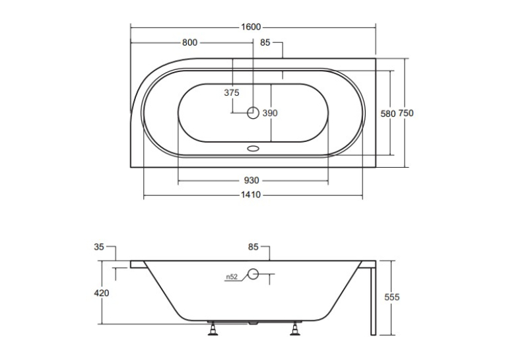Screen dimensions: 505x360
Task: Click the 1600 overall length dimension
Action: click(251, 26)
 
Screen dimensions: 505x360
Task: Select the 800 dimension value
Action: click(189, 42)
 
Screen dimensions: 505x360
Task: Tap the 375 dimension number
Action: click(232, 93)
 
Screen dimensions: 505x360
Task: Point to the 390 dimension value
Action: click(270, 113)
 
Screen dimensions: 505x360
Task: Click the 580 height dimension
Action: click(387, 114)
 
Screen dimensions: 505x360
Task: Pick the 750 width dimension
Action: click(406, 113)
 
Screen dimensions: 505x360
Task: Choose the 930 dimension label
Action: click(252, 180)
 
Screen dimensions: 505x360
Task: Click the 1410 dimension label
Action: click(251, 195)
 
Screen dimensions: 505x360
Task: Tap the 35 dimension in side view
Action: click(99, 247)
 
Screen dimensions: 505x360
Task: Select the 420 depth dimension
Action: click(102, 293)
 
